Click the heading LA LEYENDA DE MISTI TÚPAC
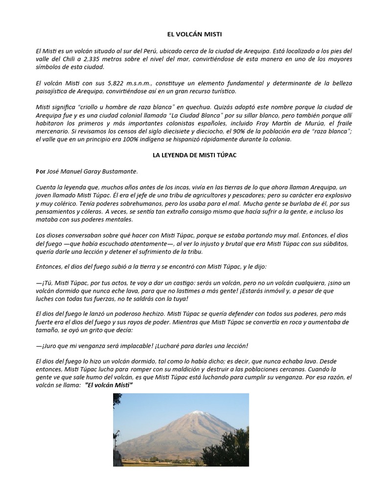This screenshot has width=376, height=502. pyautogui.click(x=188, y=155)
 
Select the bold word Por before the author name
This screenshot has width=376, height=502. pyautogui.click(x=41, y=171)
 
